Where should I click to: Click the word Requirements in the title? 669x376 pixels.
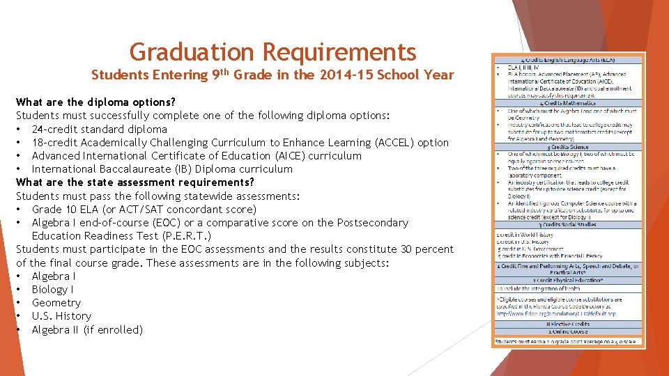pos(339,52)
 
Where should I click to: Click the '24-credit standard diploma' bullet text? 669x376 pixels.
pos(99,129)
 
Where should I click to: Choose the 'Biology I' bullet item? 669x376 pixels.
pos(53,289)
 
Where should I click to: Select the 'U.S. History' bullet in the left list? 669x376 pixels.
pos(61,315)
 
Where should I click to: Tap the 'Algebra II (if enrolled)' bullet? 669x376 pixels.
pos(87,329)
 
